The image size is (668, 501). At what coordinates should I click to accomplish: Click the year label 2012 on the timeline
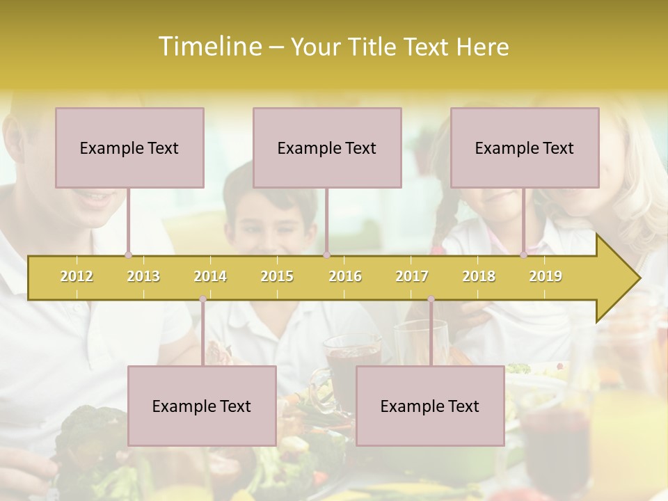77,276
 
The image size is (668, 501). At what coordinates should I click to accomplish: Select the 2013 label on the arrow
143,276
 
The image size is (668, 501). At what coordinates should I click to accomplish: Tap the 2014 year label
210,276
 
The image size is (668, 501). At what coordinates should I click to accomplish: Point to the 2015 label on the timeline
277,276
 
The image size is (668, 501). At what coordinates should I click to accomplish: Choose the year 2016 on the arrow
345,276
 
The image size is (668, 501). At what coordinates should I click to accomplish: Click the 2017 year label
412,276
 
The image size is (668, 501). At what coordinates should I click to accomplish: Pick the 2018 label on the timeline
479,276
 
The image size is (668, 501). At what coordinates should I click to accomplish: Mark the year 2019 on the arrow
546,276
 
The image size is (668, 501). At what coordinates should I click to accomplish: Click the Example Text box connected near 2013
129,148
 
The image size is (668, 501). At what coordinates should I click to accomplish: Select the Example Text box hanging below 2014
202,406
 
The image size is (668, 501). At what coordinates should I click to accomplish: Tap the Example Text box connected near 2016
327,148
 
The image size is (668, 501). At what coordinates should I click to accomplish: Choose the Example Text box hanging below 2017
430,406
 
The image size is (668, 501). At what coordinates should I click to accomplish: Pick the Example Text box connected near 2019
525,148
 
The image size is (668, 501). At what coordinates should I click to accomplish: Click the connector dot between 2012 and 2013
128,255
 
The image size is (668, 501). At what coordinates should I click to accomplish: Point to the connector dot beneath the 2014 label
202,299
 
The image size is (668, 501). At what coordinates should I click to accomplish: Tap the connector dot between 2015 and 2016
326,255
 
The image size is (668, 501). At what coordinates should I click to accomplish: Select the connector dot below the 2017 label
431,299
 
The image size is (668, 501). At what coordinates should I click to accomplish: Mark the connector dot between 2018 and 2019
524,255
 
